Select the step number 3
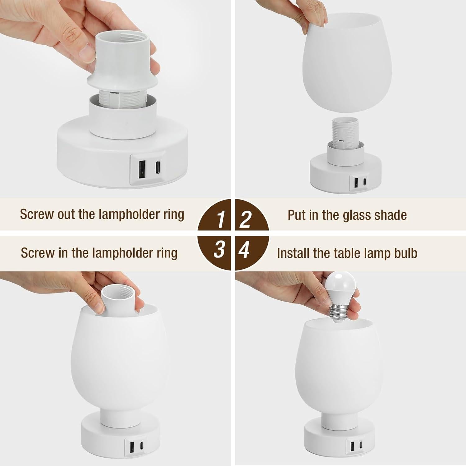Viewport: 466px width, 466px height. coord(219,249)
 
